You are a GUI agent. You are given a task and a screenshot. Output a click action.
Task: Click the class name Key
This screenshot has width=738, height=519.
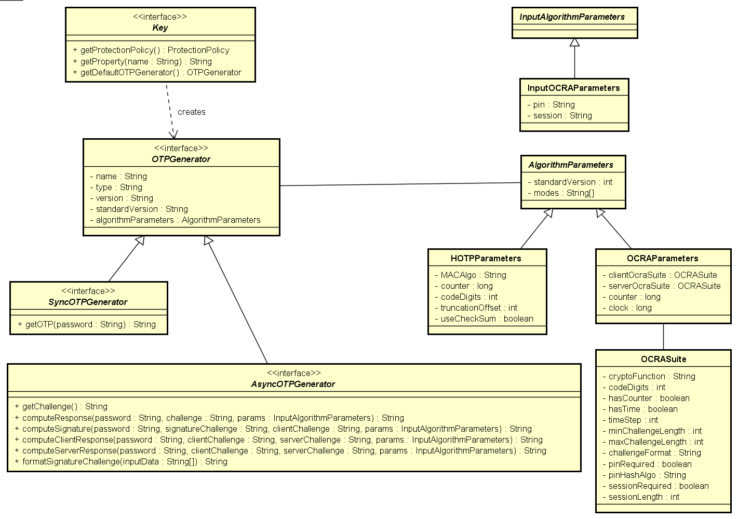point(160,28)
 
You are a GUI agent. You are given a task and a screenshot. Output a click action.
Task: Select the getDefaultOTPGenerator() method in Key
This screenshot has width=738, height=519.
point(160,73)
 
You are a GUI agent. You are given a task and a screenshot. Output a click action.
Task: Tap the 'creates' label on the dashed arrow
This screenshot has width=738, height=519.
point(191,112)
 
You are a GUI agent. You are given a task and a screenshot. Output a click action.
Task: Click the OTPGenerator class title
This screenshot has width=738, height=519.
point(181,159)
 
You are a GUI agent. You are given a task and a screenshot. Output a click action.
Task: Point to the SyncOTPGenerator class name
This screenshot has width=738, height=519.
point(88,302)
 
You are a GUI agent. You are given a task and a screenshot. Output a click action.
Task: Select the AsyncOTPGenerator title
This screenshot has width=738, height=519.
point(293,384)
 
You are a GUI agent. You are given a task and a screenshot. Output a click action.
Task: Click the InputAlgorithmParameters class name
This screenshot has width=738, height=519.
point(572,17)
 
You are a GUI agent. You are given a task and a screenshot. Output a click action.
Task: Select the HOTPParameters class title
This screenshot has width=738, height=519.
point(486,259)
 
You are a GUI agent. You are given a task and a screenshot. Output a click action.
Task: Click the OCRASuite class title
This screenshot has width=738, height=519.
point(663,360)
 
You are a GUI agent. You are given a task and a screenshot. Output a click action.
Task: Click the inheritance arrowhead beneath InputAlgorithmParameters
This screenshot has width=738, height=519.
point(574,43)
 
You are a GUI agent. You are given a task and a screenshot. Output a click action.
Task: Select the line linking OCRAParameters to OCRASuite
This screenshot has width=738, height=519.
point(663,337)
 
